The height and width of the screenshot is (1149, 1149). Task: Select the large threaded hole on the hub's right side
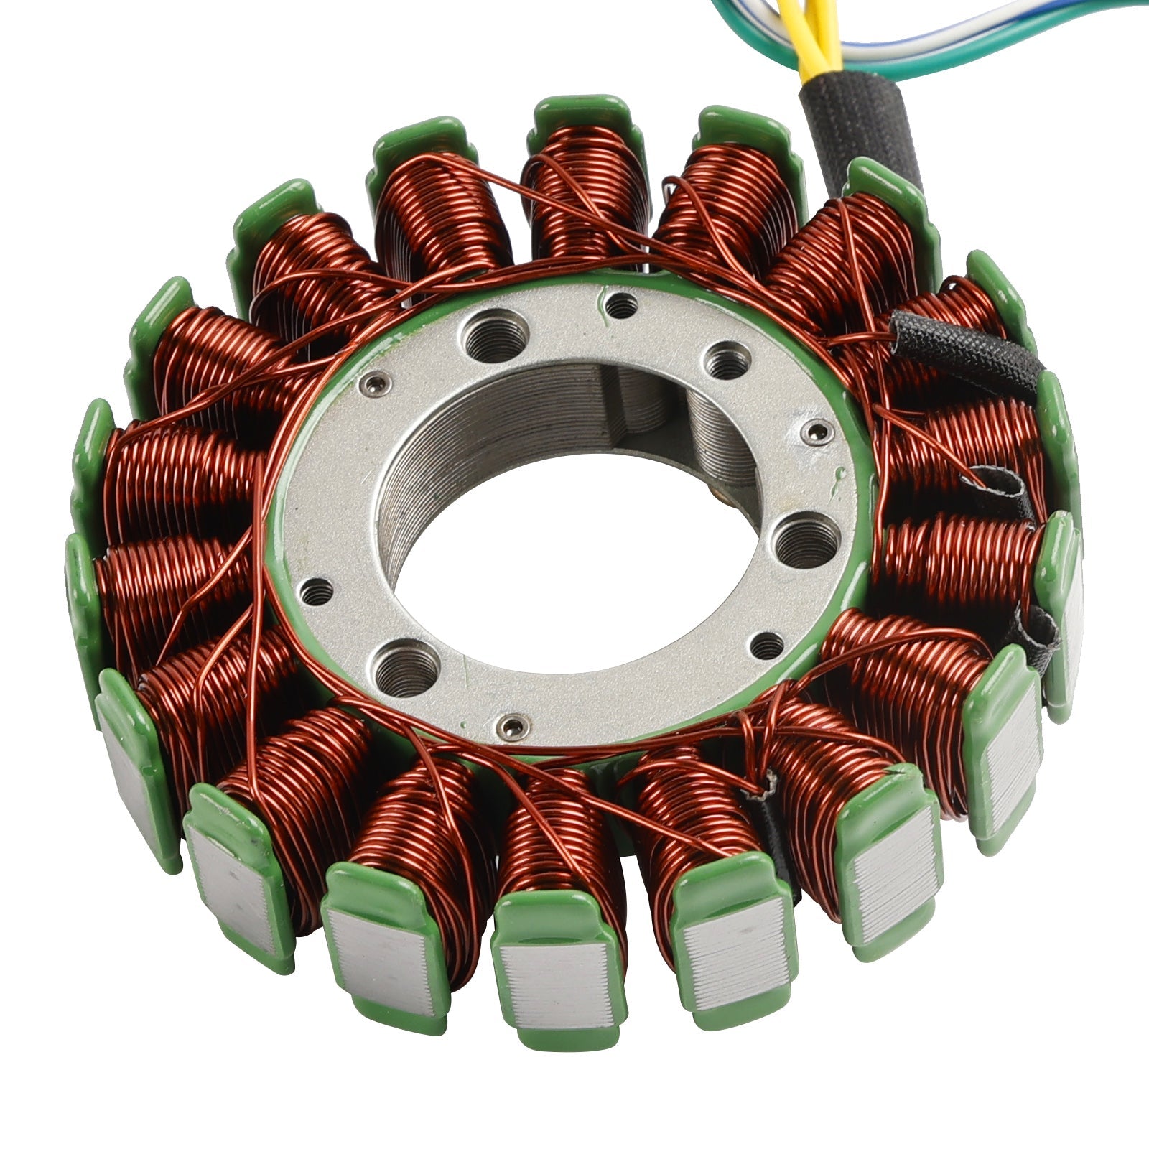(808, 540)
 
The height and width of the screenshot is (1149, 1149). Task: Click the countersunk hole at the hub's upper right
(726, 362)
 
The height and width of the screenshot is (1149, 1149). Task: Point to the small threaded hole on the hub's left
(317, 592)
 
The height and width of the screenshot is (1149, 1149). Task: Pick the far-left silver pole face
(133, 776)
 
